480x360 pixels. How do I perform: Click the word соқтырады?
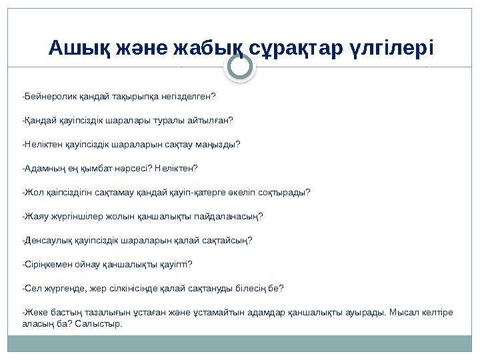coord(283,193)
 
